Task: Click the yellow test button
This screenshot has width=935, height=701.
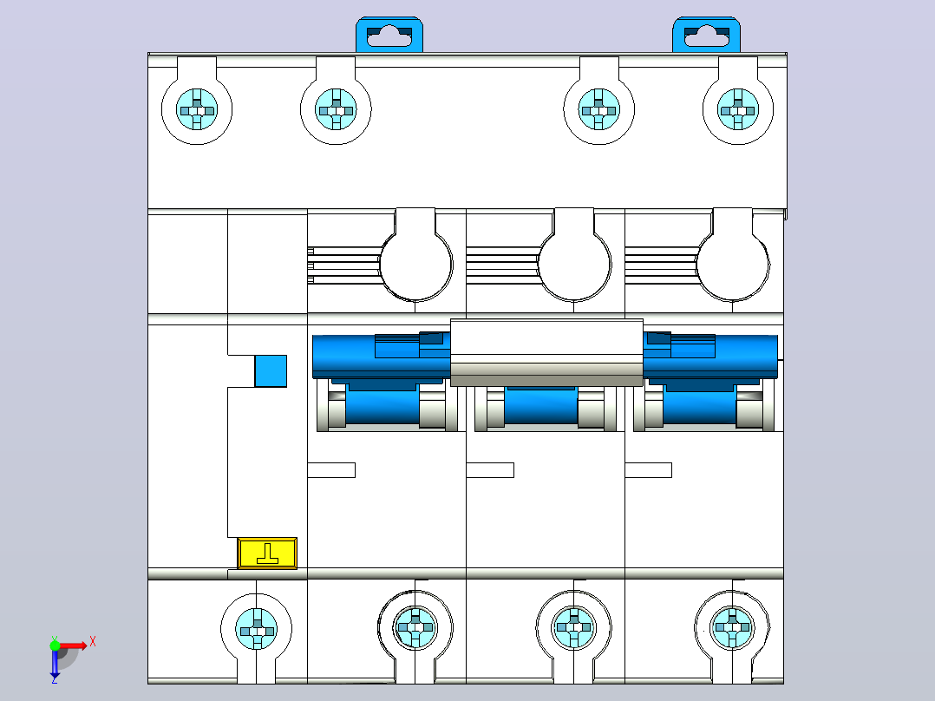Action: click(x=267, y=553)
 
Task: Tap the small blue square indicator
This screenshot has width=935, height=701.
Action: click(x=271, y=371)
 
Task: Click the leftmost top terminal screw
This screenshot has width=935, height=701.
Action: click(x=197, y=110)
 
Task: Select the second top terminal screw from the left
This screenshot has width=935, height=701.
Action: click(x=336, y=110)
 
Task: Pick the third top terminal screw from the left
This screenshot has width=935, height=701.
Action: click(x=599, y=110)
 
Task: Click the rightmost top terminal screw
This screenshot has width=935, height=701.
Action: click(x=738, y=110)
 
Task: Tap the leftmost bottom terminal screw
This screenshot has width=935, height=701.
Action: click(x=257, y=629)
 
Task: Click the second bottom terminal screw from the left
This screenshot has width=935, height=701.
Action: click(x=415, y=627)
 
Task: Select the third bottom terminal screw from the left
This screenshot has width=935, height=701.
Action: click(x=573, y=627)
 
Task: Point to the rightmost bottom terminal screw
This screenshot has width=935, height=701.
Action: click(x=732, y=627)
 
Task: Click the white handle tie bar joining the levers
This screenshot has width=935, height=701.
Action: click(x=546, y=352)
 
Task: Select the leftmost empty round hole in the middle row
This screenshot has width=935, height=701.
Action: click(x=415, y=265)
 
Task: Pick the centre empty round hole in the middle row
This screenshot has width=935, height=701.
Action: click(x=574, y=265)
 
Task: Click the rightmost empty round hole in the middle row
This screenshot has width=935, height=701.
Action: click(x=733, y=265)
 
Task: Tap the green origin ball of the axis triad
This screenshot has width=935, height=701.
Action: click(x=55, y=645)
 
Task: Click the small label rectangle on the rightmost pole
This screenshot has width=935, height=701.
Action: click(x=649, y=470)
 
